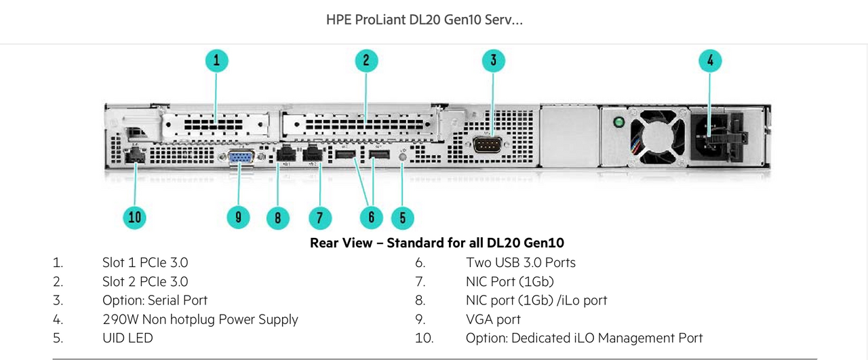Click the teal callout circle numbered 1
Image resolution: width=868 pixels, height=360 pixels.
click(x=216, y=61)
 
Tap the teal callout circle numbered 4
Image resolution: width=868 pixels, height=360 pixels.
click(x=710, y=61)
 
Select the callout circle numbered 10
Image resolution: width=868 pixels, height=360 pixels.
click(x=134, y=218)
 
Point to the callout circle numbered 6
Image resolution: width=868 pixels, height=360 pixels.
click(x=371, y=218)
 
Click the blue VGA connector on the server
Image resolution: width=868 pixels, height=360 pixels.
click(x=242, y=157)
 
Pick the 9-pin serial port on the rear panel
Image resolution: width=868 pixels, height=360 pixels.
click(x=488, y=145)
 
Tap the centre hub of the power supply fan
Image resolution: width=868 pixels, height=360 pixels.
click(x=658, y=136)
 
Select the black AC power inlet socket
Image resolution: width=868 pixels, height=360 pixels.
click(x=711, y=136)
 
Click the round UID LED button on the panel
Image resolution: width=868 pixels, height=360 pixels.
click(x=402, y=157)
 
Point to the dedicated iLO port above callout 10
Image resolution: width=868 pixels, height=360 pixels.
click(x=135, y=155)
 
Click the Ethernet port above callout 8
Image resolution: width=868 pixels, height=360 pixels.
click(x=286, y=153)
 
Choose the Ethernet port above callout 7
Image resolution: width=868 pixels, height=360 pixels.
click(x=313, y=153)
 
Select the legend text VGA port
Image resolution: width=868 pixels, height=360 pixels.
click(x=493, y=319)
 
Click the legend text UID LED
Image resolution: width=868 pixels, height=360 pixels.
click(x=127, y=338)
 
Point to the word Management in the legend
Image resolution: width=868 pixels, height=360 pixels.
click(x=636, y=338)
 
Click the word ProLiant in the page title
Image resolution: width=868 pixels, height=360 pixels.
click(x=380, y=20)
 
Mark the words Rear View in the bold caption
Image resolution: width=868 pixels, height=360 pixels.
click(x=341, y=243)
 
